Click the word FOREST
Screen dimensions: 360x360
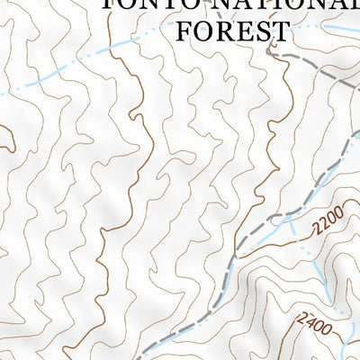click(x=232, y=31)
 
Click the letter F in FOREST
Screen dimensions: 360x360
click(x=184, y=31)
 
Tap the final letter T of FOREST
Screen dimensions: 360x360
click(x=281, y=31)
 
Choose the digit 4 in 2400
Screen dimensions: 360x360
click(x=310, y=319)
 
